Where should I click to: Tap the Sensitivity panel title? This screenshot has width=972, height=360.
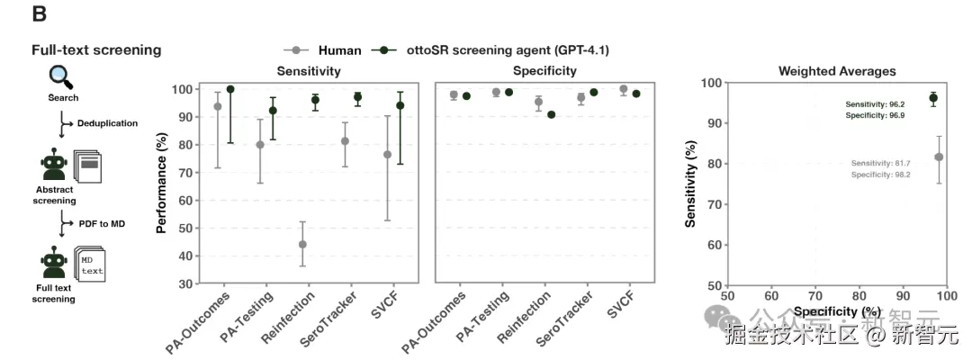coord(308,70)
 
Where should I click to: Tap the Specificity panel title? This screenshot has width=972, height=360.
coord(544,70)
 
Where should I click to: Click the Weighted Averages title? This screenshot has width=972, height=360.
coord(837,70)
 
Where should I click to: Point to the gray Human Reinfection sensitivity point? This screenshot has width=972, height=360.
coord(302,244)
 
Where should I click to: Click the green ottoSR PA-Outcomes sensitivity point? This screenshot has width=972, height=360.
coord(230,90)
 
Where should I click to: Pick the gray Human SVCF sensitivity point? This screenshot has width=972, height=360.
coord(388,155)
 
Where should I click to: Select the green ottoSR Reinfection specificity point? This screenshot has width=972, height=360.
coord(551,114)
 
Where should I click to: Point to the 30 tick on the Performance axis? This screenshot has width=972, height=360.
coord(184,283)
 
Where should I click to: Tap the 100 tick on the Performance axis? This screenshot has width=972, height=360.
coord(182,89)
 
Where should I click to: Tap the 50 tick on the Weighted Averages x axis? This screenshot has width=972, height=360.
coord(727,295)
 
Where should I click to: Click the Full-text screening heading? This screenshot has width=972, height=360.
coord(96,50)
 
